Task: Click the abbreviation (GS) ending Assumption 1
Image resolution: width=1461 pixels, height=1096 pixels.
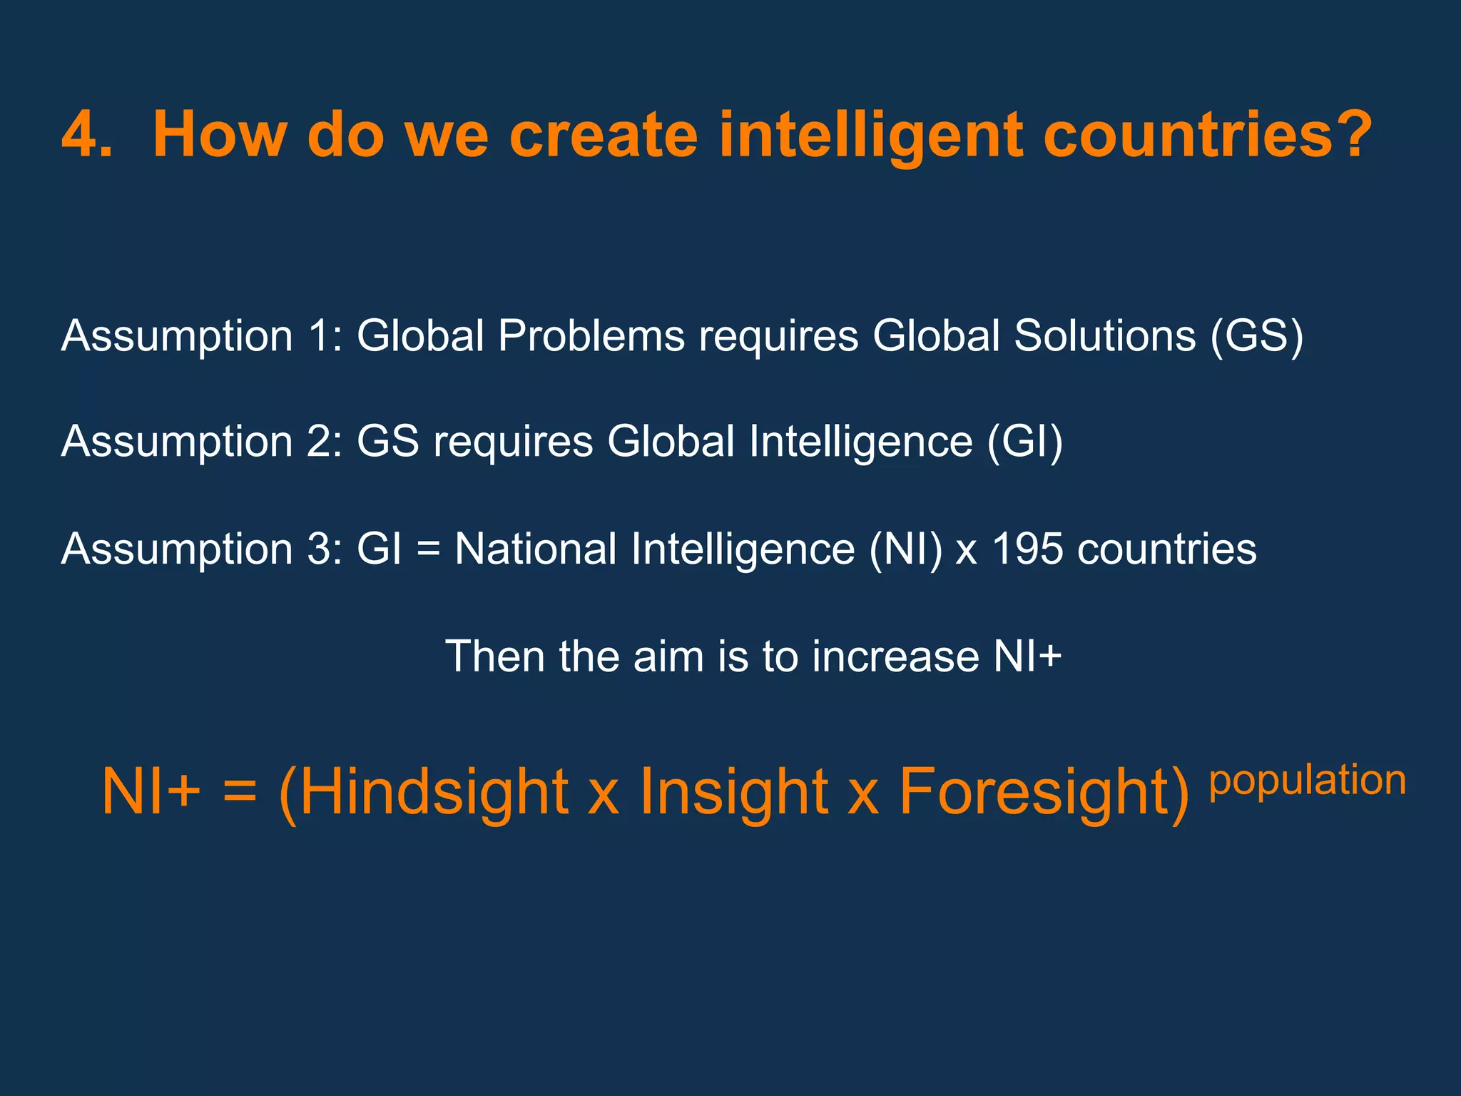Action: (x=1257, y=335)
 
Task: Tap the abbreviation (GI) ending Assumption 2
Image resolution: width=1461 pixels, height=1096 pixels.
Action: (x=1024, y=442)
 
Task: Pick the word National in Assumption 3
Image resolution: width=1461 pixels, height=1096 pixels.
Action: (x=536, y=549)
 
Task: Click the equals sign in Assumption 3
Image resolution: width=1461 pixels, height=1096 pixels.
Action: (x=427, y=550)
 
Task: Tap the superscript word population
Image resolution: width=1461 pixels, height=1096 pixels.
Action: (x=1307, y=781)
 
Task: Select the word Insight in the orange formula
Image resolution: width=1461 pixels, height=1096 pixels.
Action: (x=734, y=792)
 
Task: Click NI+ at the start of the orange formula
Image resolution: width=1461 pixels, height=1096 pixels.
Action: (x=151, y=792)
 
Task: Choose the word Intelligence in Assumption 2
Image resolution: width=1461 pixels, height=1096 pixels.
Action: (x=860, y=442)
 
